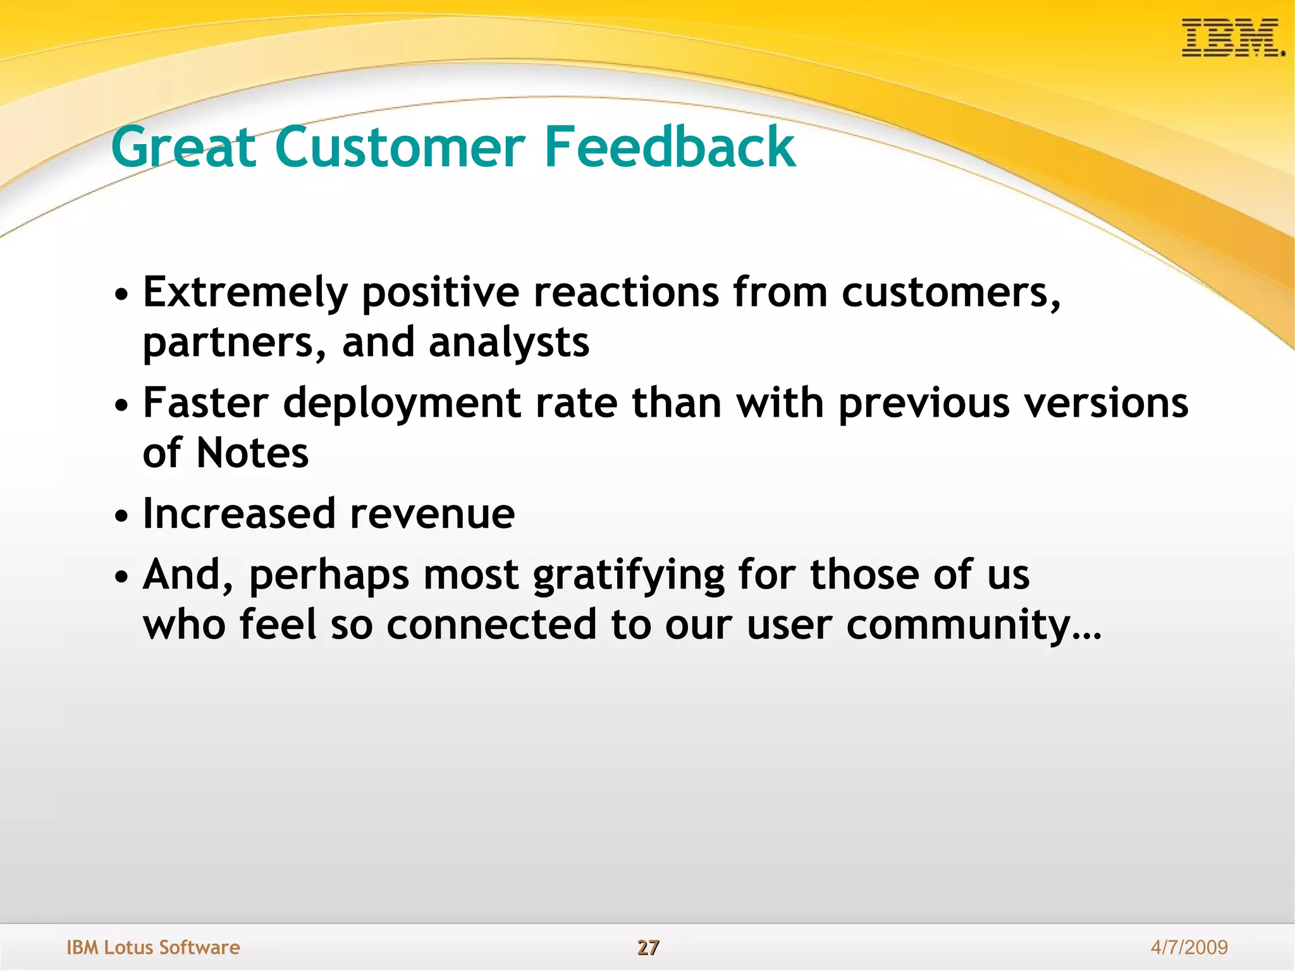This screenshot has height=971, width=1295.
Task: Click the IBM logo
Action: (1232, 38)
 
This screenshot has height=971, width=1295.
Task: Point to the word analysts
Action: (509, 343)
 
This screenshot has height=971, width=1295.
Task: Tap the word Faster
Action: (206, 403)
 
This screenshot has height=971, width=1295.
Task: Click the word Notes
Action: (252, 453)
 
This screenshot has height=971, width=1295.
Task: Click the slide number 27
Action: (647, 947)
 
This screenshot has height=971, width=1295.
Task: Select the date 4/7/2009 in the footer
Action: (1189, 947)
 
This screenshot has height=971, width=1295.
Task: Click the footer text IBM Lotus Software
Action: (153, 947)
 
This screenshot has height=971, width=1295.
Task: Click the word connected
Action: (491, 625)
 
